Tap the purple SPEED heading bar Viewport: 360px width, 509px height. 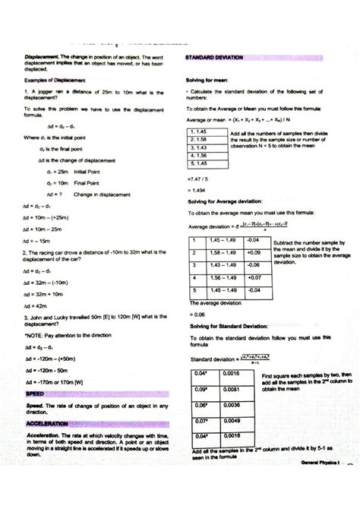[x=35, y=395]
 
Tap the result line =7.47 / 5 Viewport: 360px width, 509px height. [x=199, y=179]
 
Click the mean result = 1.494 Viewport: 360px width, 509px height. [x=197, y=191]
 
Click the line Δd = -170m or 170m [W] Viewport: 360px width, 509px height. [x=53, y=382]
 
